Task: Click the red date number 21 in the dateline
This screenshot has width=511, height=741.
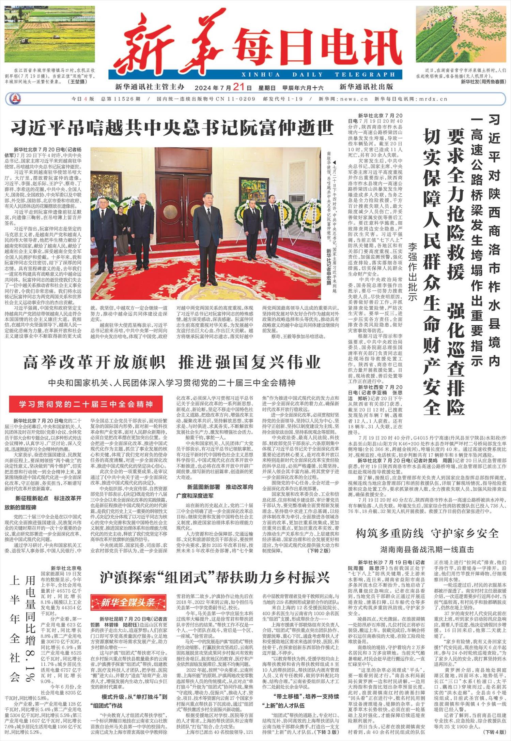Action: coord(239,87)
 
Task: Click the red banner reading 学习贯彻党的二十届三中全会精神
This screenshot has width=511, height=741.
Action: coord(86,404)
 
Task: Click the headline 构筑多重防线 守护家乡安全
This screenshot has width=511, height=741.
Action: coord(427,533)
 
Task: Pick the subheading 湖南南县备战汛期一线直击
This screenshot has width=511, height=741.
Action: coord(427,549)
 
